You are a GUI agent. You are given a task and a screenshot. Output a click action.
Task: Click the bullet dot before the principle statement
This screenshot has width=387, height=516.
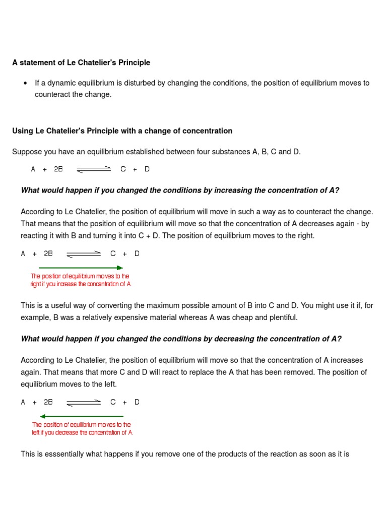[x=25, y=83]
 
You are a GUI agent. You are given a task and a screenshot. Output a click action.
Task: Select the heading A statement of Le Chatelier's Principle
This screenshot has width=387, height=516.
[x=81, y=62]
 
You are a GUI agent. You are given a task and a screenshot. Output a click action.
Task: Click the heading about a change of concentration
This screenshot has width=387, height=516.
[x=122, y=131]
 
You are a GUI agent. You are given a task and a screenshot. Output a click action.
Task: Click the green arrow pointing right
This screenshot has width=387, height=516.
[x=81, y=268]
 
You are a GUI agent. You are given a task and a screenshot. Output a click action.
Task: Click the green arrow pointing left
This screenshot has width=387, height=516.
[x=82, y=416]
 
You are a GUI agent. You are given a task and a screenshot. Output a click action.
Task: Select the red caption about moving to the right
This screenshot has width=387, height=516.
[x=80, y=280]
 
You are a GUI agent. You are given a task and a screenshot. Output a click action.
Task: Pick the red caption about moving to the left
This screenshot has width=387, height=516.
[x=82, y=429]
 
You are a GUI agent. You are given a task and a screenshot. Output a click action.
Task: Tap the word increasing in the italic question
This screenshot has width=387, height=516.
[x=232, y=190]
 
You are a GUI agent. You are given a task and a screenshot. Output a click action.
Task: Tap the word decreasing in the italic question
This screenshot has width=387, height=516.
[x=234, y=339]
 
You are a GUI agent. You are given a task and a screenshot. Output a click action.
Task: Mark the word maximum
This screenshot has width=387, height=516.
[x=180, y=305]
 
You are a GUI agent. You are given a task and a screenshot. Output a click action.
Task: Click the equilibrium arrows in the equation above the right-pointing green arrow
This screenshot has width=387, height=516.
[x=84, y=254]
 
